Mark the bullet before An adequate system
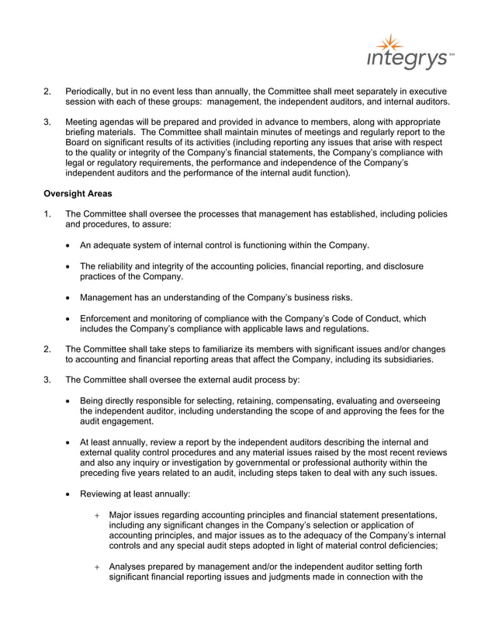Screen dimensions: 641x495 click(x=70, y=246)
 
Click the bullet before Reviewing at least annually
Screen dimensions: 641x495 click(x=70, y=494)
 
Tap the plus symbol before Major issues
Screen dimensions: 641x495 click(x=97, y=515)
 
